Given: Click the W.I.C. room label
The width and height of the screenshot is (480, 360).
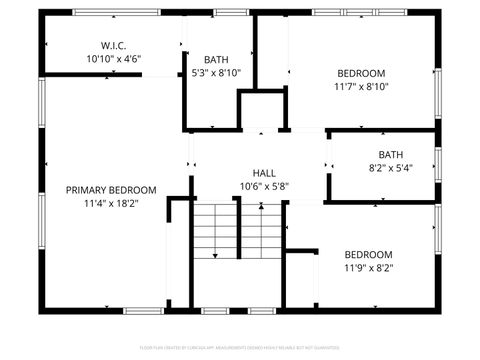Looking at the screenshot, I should [x=112, y=46].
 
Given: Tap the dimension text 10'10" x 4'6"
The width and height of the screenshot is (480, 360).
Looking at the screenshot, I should [x=112, y=59].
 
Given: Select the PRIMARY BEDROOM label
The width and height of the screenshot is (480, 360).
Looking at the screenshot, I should [x=111, y=190].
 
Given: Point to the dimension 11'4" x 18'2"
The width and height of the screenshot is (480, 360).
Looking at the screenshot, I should [x=111, y=203].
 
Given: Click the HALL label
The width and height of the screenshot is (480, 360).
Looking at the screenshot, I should [x=264, y=173].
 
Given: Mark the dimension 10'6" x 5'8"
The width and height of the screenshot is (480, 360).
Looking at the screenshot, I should [x=264, y=186].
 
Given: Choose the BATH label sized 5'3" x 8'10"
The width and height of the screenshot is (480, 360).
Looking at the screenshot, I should [x=216, y=59].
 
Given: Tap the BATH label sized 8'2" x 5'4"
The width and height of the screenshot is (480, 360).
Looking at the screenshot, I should [x=390, y=154].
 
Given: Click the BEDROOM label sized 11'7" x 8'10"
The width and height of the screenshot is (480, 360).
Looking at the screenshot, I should [x=361, y=73].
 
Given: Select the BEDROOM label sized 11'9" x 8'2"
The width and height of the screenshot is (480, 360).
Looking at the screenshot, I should [x=369, y=254].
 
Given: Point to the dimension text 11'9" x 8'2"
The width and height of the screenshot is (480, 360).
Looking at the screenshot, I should [x=369, y=268].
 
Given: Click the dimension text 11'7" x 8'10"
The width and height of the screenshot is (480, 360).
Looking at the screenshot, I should [x=361, y=87].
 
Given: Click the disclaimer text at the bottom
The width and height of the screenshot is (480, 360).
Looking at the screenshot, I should [x=240, y=349].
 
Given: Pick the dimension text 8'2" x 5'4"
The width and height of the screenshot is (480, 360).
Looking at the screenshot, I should [x=390, y=168].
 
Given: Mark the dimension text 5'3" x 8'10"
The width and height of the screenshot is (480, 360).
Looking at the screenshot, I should [x=216, y=73].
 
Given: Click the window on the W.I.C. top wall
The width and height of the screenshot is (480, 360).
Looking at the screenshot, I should [x=102, y=12].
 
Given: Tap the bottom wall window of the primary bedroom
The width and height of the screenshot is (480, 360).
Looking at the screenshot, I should [x=144, y=311].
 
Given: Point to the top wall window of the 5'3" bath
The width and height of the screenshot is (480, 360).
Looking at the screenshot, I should [x=230, y=12].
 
